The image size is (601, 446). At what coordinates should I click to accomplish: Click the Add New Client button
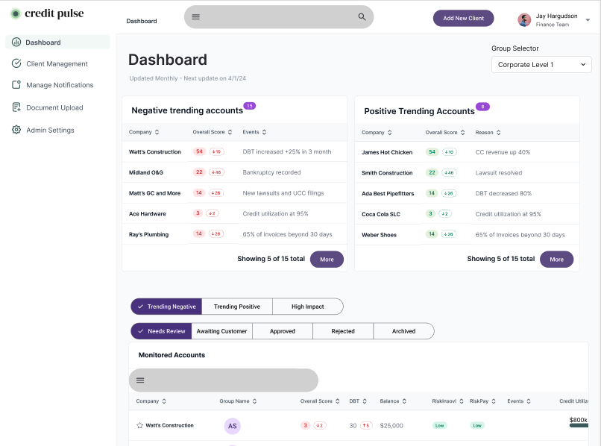click(x=463, y=18)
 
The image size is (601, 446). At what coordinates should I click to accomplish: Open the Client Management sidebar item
click(x=57, y=64)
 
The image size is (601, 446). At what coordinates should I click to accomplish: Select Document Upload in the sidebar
click(x=54, y=107)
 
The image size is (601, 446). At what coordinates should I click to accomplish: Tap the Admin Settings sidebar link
click(x=50, y=130)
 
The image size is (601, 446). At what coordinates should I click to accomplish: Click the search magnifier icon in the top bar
click(x=362, y=16)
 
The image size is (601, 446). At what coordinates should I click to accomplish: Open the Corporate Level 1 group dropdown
click(x=541, y=65)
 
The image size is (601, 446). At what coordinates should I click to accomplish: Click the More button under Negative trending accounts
click(x=327, y=260)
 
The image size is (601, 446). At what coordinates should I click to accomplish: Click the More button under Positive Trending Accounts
click(x=556, y=260)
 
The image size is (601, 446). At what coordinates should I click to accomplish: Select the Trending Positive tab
click(x=237, y=307)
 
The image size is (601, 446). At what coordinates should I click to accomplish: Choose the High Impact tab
click(x=307, y=307)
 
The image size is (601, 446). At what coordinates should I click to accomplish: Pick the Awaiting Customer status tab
click(x=221, y=331)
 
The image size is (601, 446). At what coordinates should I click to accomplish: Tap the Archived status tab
click(x=403, y=331)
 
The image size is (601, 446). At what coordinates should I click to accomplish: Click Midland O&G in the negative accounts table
click(x=145, y=172)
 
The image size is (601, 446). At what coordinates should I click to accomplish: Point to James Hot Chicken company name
click(x=387, y=152)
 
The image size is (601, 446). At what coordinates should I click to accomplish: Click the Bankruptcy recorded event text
click(x=271, y=172)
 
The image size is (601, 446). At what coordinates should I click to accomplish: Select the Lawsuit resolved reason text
click(x=499, y=173)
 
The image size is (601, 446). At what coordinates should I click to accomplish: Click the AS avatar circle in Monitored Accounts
click(x=233, y=426)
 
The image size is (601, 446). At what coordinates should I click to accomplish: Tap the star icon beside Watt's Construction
click(x=139, y=426)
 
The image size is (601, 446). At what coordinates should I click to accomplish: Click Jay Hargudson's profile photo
click(x=525, y=20)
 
